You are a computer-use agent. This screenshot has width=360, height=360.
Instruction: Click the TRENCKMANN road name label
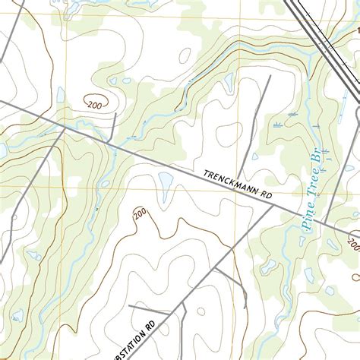(x=231, y=185)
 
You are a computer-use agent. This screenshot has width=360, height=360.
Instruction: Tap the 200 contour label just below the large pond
(x=141, y=215)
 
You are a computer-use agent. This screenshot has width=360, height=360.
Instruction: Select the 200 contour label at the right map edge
(x=353, y=244)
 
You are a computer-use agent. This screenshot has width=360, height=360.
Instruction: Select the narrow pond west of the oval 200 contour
(x=61, y=95)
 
